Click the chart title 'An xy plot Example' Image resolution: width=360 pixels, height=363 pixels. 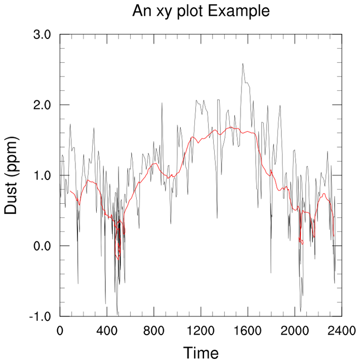tap(201, 11)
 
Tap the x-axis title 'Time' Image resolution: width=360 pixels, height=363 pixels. tap(201, 353)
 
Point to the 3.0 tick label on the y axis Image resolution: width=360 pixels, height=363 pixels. tap(42, 35)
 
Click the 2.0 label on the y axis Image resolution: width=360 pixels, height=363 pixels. tap(42, 105)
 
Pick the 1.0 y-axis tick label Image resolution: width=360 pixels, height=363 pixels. tap(42, 175)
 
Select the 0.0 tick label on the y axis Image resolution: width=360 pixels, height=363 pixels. tap(42, 246)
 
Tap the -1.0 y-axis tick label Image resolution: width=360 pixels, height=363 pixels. tap(41, 316)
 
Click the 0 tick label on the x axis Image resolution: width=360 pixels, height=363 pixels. tap(60, 332)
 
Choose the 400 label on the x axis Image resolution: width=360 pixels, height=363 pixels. tap(107, 332)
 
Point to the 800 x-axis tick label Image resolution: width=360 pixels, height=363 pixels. tap(154, 332)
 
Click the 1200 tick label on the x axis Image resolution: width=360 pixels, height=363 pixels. tap(201, 332)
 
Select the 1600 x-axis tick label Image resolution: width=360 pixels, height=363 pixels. tap(248, 332)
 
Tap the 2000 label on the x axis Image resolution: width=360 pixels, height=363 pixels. tap(295, 332)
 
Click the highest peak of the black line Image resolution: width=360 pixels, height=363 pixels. tap(243, 64)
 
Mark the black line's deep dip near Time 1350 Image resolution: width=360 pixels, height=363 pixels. tap(217, 217)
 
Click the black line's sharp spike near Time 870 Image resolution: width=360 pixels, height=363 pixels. tap(162, 103)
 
